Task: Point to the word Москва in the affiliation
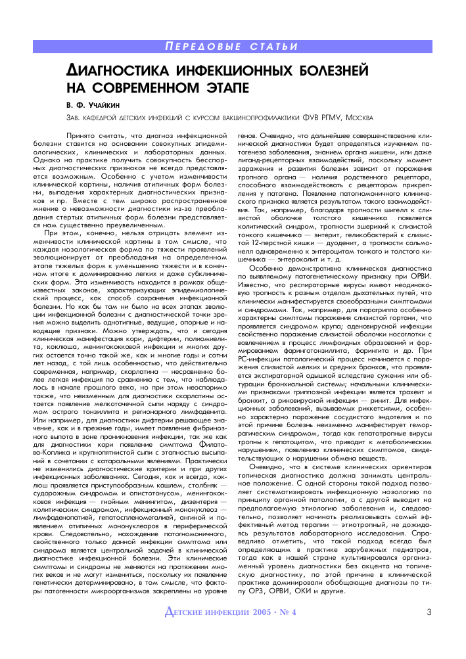[x=358, y=118]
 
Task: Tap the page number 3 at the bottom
[x=429, y=613]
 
